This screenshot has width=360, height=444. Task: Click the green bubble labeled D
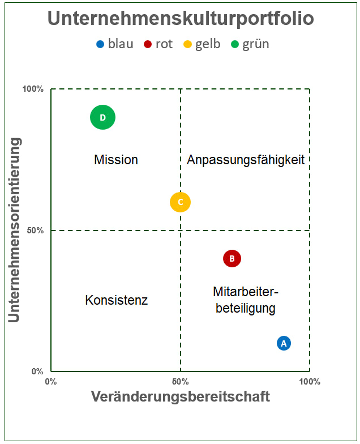(x=102, y=117)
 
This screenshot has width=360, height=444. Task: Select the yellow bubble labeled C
(x=180, y=202)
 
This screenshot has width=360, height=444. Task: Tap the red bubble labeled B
(x=232, y=259)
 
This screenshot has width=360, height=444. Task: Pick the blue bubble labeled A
(x=284, y=343)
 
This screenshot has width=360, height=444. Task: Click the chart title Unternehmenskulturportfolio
(x=180, y=19)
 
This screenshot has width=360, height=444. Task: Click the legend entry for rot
(x=158, y=44)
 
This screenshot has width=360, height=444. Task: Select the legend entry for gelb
(x=202, y=44)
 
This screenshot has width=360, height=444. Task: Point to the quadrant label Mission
(x=116, y=160)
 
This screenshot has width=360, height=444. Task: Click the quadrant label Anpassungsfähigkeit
(x=246, y=160)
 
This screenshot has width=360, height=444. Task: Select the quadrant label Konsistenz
(x=116, y=300)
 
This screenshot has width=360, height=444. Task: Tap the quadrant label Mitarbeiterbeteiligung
(x=246, y=300)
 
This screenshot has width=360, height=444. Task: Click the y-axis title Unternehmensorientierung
(x=15, y=230)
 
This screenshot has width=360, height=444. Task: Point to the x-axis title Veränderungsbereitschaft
(x=180, y=396)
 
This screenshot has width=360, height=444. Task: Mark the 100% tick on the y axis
(x=33, y=89)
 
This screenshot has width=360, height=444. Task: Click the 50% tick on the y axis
(x=35, y=230)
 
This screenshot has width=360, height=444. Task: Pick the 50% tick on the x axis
(x=180, y=381)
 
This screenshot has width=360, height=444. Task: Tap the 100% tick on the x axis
(x=309, y=381)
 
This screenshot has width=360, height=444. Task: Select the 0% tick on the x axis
(x=51, y=381)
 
